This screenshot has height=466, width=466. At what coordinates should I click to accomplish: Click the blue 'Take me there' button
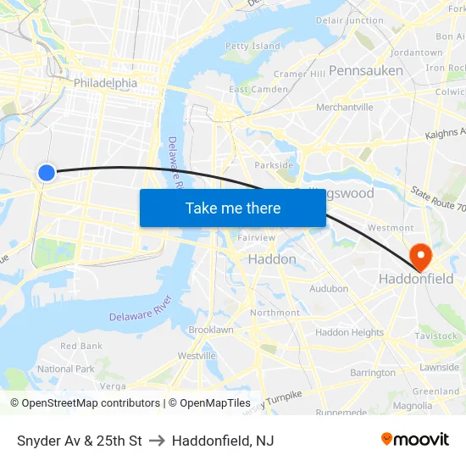232,208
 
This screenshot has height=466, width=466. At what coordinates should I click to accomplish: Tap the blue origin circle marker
47,173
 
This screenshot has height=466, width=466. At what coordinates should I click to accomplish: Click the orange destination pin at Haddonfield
419,256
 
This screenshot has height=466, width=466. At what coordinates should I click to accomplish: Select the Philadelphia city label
105,83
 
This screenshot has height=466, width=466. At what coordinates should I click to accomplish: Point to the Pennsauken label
366,70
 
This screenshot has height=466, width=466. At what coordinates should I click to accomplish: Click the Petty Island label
252,46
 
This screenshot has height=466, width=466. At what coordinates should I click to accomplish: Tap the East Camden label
258,89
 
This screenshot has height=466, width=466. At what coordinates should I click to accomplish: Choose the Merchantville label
344,108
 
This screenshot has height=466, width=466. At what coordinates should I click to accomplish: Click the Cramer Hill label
299,74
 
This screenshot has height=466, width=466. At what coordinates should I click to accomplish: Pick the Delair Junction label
349,20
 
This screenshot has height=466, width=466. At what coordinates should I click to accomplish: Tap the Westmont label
391,228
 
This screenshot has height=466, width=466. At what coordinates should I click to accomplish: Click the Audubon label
329,289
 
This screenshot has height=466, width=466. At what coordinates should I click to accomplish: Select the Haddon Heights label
349,333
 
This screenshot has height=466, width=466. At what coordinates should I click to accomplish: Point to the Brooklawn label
211,330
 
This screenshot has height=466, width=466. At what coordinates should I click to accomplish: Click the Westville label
197,356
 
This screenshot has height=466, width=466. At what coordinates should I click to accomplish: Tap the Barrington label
373,373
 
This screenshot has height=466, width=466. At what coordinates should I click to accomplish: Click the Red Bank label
81,346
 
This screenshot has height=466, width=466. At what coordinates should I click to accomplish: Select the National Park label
66,369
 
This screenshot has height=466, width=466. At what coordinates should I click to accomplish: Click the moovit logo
414,439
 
